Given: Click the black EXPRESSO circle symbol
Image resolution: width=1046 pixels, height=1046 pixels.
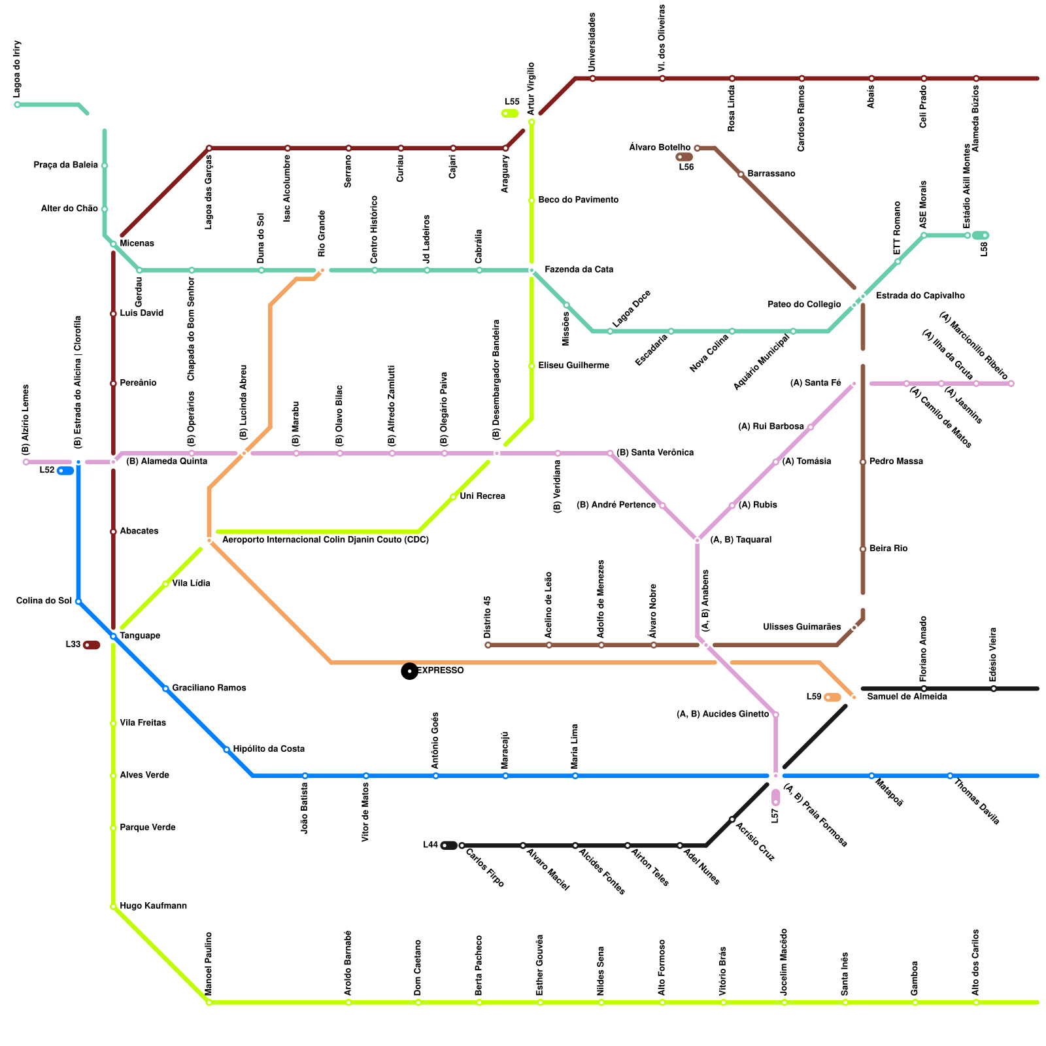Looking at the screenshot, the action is point(409,671).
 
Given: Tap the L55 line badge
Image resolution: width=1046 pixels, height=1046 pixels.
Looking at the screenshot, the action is point(510,113).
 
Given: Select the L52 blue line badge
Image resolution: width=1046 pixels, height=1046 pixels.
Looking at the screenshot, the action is point(65,471).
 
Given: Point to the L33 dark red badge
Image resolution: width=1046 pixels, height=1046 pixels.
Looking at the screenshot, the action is point(92,645).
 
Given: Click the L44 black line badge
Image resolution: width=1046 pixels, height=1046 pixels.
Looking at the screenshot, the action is point(449,845).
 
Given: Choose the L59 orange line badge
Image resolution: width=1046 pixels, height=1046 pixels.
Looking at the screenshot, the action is point(832,698).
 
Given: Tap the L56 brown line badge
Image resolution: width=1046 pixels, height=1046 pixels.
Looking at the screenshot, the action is point(684,157).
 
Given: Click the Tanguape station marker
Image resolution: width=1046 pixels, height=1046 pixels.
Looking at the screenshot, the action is point(113,636).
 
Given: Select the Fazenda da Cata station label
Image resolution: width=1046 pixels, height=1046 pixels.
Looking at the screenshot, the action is point(579,269).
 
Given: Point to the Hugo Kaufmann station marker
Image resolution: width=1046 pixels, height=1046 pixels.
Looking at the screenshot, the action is point(113,907).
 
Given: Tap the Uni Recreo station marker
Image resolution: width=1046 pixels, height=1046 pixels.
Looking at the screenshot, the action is point(453,497).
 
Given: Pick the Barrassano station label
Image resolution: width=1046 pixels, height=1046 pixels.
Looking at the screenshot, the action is point(771,174).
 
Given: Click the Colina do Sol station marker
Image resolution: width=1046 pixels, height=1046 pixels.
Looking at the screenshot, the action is point(78,601).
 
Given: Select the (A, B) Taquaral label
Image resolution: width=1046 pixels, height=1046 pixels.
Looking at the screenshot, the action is point(740,540).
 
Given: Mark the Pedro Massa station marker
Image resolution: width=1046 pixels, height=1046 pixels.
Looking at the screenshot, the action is point(863,462).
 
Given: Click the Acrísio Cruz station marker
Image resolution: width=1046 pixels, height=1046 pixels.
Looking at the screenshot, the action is point(732,819).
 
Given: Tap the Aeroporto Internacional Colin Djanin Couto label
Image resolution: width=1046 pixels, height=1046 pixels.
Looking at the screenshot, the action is point(325,540).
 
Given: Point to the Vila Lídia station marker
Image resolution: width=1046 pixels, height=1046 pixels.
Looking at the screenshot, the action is point(165,584).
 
